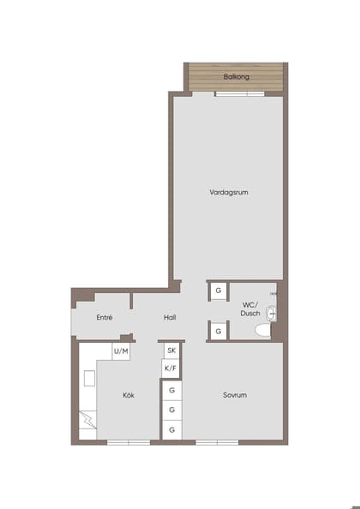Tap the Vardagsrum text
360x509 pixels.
pyautogui.click(x=229, y=193)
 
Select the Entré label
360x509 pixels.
pyautogui.click(x=105, y=317)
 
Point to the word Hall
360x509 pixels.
pyautogui.click(x=170, y=317)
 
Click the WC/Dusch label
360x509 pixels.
pyautogui.click(x=250, y=308)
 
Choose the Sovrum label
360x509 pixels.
pyautogui.click(x=235, y=395)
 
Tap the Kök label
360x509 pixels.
pyautogui.click(x=129, y=395)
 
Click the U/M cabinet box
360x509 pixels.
pyautogui.click(x=121, y=351)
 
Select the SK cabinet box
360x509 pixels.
pyautogui.click(x=171, y=350)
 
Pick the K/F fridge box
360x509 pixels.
pyautogui.click(x=171, y=368)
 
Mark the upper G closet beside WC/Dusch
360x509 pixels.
pyautogui.click(x=219, y=291)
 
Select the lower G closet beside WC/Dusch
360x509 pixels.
pyautogui.click(x=219, y=331)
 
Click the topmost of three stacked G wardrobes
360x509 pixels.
pyautogui.click(x=172, y=390)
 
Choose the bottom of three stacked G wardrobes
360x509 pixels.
pyautogui.click(x=172, y=429)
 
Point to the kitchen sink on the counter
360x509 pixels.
pyautogui.click(x=89, y=377)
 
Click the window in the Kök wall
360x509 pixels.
pyautogui.click(x=129, y=442)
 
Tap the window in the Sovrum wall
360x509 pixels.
pyautogui.click(x=217, y=442)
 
